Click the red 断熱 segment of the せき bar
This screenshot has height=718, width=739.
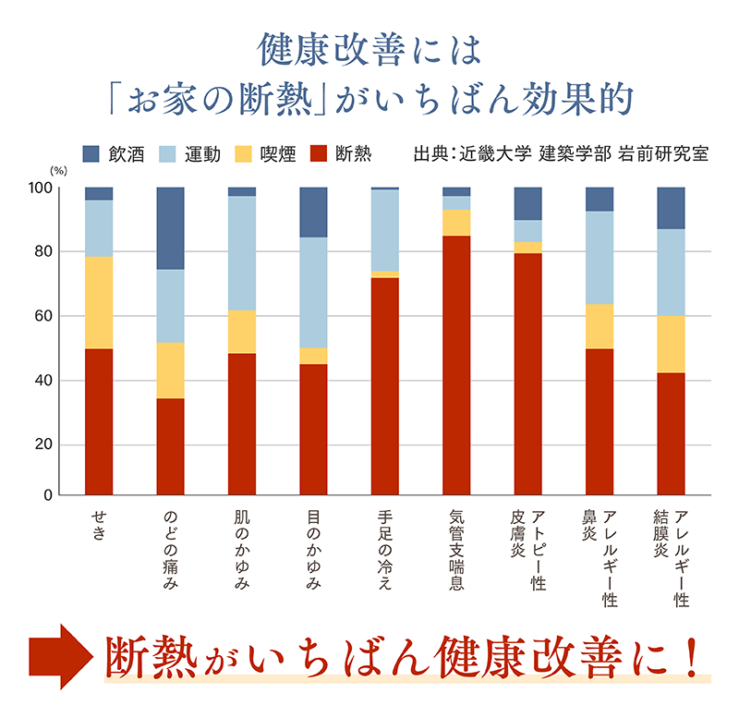tap(99, 421)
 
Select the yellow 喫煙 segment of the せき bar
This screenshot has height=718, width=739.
tap(99, 302)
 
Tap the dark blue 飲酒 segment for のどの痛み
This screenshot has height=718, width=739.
tap(170, 228)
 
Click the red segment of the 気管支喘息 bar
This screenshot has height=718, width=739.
tap(456, 365)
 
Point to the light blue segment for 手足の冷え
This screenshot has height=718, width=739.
tap(385, 230)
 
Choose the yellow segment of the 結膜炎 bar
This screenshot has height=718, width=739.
tap(671, 344)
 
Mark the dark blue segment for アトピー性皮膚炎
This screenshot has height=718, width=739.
tap(527, 203)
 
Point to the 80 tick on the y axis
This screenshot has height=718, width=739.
tap(42, 252)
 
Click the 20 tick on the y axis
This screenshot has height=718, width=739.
tap(42, 445)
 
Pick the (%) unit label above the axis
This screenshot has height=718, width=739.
tap(57, 173)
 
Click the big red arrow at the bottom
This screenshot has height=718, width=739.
tap(59, 656)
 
